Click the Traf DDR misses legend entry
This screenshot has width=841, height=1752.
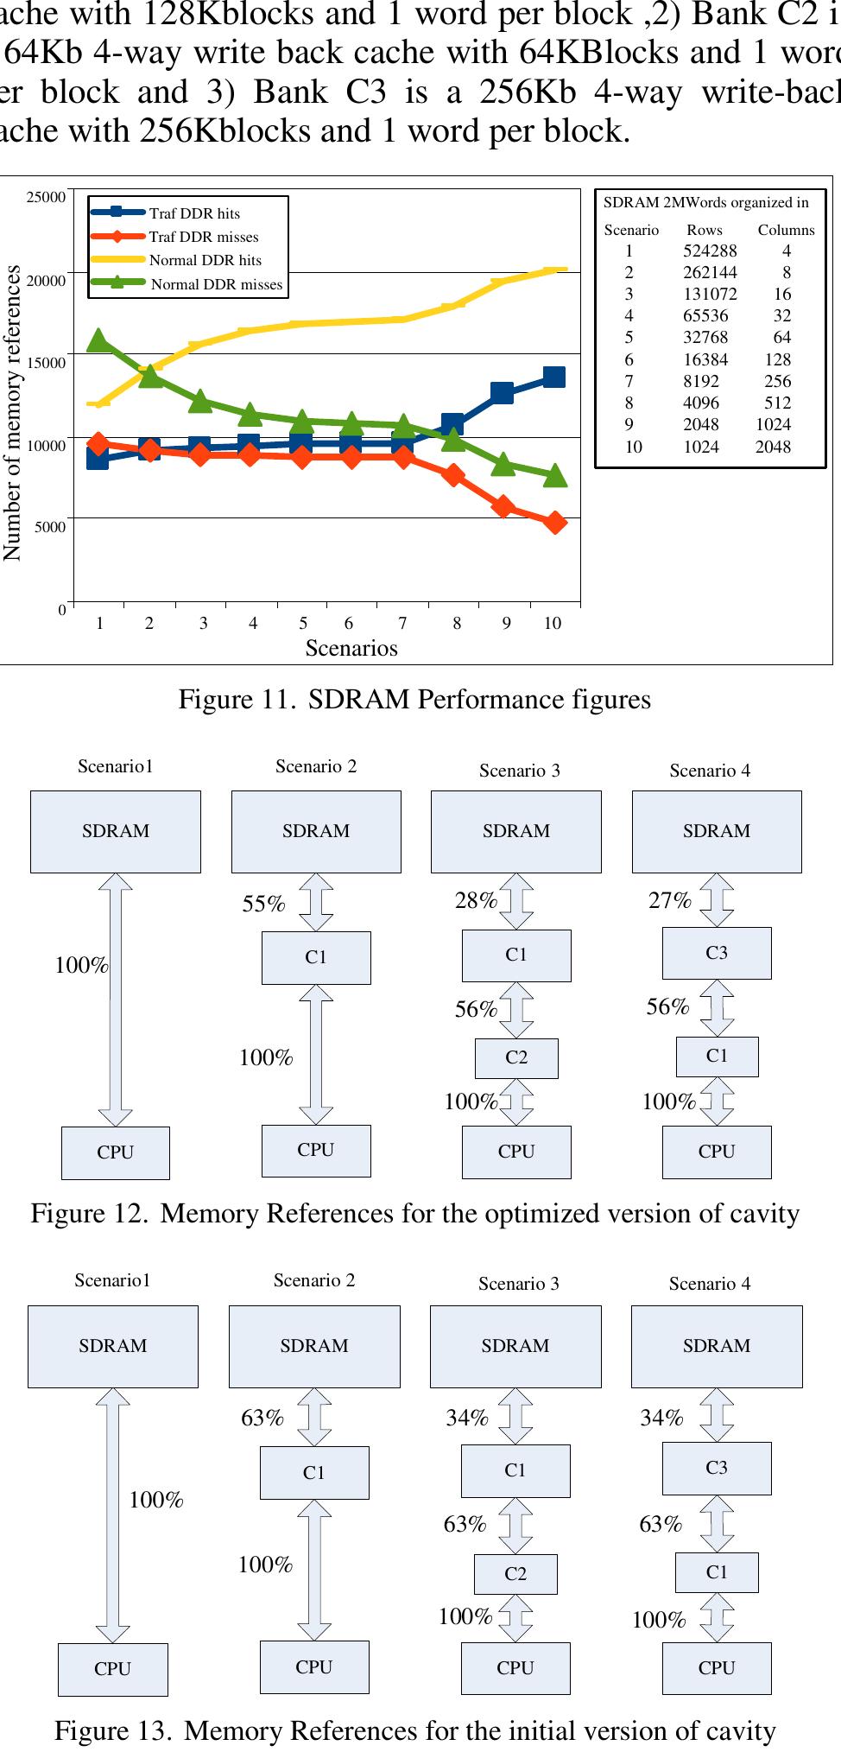[x=203, y=237]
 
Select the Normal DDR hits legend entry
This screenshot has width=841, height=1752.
[x=205, y=260]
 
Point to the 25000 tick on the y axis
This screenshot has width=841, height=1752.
[x=46, y=197]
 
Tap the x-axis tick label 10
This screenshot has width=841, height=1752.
[x=553, y=623]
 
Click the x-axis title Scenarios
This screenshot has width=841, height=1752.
[x=351, y=648]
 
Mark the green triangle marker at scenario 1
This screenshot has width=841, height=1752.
[x=98, y=340]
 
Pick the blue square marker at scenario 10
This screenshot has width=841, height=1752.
[x=553, y=377]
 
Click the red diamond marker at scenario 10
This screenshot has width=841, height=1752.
[x=555, y=522]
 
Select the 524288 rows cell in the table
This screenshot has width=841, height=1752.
[x=710, y=251]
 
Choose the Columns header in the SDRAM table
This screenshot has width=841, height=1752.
[x=786, y=230]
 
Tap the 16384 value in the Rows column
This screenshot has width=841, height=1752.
[x=705, y=359]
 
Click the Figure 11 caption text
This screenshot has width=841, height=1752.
[x=414, y=699]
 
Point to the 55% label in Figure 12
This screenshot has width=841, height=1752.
[x=263, y=904]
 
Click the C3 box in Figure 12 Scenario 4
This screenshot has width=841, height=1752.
[x=717, y=953]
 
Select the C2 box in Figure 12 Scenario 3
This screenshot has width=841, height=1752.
[x=516, y=1057]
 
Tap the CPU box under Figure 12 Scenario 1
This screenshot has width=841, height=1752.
[x=116, y=1152]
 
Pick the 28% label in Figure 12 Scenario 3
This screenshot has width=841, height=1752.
[x=476, y=900]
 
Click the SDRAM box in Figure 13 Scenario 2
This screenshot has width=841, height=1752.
[x=314, y=1346]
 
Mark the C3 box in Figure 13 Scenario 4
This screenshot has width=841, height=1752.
[x=717, y=1468]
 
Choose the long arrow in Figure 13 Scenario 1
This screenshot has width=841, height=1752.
[x=113, y=1515]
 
